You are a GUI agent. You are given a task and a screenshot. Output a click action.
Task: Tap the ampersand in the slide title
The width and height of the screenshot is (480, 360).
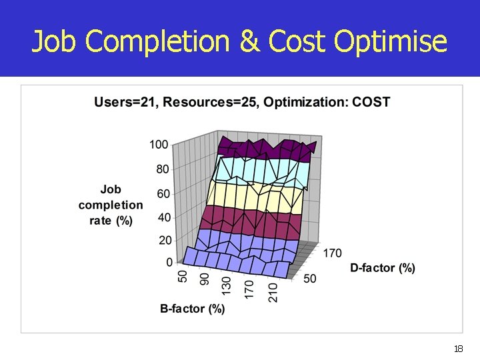click(249, 41)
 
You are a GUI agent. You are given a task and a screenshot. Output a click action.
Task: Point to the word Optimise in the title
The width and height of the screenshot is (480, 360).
click(391, 41)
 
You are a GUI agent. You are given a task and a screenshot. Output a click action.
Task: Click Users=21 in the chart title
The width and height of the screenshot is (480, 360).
click(126, 102)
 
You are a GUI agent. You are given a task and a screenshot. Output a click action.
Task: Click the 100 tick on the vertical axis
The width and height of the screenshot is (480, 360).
click(159, 145)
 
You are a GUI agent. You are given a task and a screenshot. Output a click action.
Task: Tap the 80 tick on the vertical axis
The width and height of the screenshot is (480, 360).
click(162, 169)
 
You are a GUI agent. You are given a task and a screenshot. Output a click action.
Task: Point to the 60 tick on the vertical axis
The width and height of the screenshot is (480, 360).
click(162, 194)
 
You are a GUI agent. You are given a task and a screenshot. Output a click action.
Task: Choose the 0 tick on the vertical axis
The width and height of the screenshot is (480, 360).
click(169, 262)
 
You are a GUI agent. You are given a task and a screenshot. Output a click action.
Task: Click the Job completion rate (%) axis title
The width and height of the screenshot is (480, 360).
click(111, 205)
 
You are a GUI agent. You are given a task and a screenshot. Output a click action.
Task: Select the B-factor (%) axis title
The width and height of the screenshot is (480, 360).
click(193, 309)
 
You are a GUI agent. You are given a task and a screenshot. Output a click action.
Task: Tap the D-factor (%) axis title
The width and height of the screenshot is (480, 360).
click(383, 268)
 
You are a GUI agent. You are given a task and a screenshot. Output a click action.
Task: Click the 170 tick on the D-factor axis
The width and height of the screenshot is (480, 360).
click(333, 253)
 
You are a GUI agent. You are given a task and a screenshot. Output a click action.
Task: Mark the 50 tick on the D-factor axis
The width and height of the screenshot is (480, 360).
click(310, 278)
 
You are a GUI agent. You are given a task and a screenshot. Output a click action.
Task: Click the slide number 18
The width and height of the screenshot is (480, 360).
click(458, 349)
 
